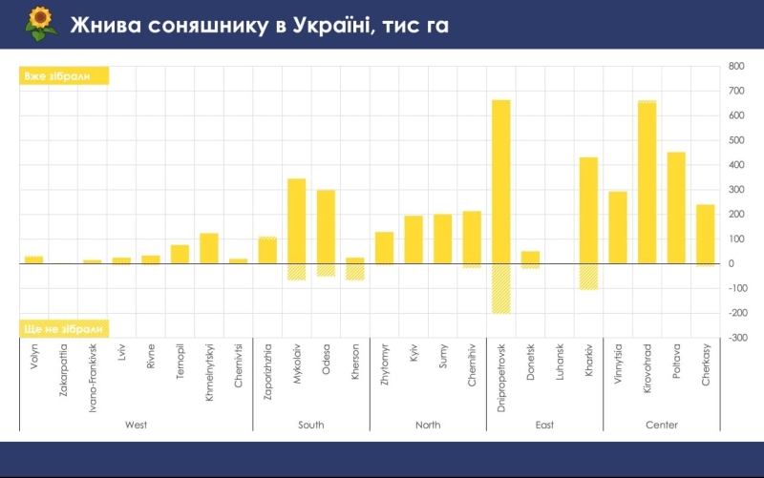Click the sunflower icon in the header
[39, 24]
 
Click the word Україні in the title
[326, 26]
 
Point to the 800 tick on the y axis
[736, 67]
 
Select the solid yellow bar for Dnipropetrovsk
[501, 181]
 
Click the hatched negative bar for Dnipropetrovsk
[501, 288]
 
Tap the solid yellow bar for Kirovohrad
[647, 182]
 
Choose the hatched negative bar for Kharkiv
[588, 277]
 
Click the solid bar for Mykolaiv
[297, 220]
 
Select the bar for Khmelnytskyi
[209, 248]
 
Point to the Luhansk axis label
[560, 364]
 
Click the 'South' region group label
[311, 425]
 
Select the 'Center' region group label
[662, 425]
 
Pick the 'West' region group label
[136, 425]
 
